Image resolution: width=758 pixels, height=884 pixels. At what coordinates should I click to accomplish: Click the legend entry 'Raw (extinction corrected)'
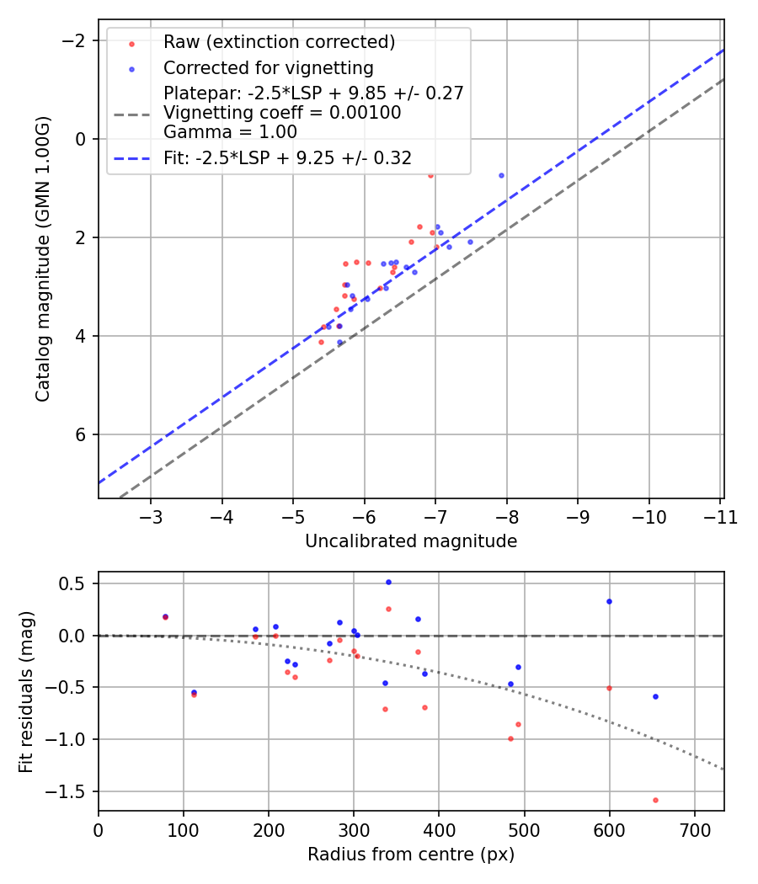279,42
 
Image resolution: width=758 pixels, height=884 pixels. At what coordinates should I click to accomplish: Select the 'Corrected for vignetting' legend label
268,67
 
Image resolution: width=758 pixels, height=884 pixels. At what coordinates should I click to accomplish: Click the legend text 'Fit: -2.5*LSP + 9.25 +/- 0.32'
287,157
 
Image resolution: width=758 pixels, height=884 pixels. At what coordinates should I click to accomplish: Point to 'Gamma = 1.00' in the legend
230,131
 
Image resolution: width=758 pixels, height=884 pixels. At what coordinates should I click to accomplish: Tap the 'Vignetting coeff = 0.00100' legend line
282,112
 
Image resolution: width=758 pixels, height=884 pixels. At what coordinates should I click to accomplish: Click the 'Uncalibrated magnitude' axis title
410,541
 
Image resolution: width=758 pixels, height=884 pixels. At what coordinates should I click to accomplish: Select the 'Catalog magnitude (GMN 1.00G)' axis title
43,258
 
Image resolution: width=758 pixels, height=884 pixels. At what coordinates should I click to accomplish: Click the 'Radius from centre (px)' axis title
410,855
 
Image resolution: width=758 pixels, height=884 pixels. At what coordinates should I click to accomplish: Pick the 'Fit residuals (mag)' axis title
26,691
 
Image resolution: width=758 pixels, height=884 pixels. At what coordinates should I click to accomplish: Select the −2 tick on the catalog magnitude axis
76,40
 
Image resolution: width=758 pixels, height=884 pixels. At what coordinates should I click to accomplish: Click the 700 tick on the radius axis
694,830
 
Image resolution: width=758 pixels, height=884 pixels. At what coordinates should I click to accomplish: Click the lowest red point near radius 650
655,800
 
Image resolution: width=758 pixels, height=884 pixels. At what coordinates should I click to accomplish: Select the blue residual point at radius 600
609,601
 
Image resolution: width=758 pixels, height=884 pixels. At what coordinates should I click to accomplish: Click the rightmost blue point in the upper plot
501,175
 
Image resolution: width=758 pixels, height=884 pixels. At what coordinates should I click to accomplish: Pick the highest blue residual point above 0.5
388,582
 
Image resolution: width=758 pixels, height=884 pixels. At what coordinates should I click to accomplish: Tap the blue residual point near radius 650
655,696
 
